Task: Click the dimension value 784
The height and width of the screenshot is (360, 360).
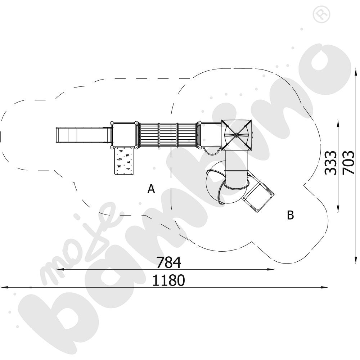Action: pos(168,262)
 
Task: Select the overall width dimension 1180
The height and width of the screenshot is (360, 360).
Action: pos(168,280)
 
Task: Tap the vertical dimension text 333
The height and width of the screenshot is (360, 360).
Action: pos(330,163)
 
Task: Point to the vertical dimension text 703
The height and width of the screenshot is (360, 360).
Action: pos(348,163)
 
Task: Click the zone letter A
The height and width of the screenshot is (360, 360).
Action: pos(151,189)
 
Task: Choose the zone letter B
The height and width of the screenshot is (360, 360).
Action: pos(291,215)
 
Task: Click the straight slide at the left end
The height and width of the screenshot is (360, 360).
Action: pos(83,135)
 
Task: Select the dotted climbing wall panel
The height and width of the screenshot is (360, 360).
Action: pos(124,161)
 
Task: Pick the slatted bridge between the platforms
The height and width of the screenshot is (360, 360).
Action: pos(168,135)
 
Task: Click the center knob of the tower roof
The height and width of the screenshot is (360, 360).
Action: pos(237,135)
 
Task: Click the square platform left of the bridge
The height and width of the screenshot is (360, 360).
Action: pos(124,135)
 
